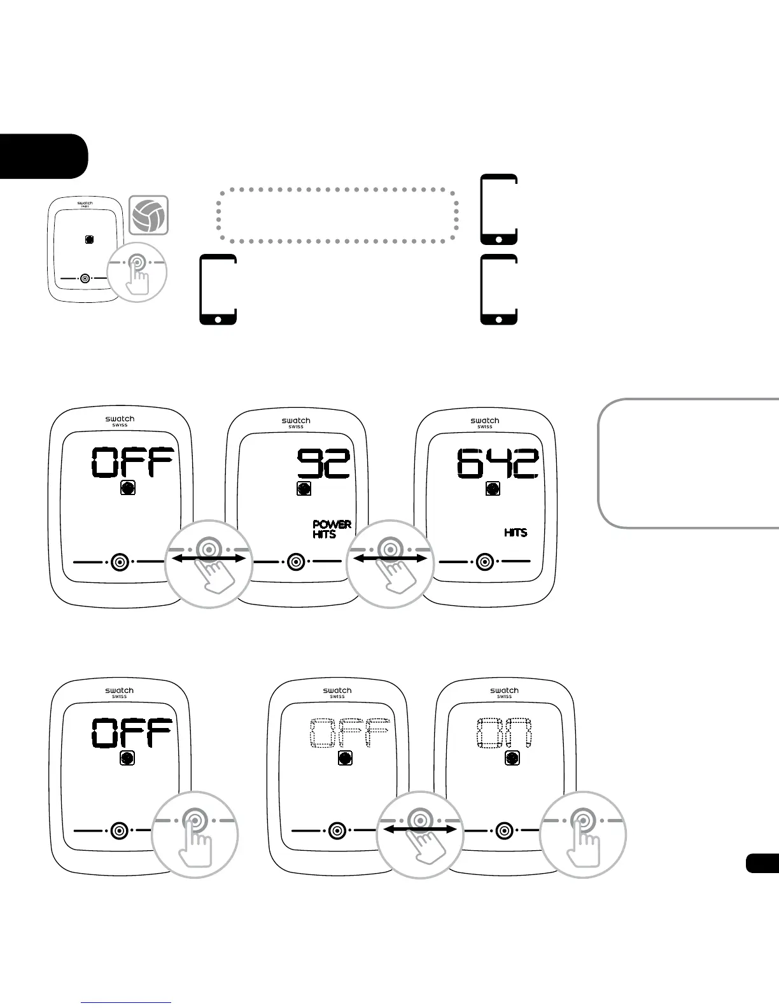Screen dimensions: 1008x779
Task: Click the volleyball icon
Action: (149, 215)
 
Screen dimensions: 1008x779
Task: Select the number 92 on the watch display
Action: (324, 463)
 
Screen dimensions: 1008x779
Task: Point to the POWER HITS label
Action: (332, 529)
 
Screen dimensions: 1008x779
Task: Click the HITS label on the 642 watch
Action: (516, 532)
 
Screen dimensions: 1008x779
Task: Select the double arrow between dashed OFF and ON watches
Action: (420, 829)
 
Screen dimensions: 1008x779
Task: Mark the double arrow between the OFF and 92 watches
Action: (209, 558)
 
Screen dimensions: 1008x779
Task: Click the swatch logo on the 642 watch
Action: (485, 421)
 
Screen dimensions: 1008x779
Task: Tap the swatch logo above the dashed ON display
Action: (504, 691)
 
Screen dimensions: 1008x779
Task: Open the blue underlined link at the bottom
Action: (127, 1002)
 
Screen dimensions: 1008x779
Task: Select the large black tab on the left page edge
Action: (42, 156)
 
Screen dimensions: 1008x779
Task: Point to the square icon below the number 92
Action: (304, 489)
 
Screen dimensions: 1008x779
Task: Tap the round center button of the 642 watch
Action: (485, 562)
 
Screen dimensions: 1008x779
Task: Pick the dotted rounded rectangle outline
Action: (337, 215)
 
